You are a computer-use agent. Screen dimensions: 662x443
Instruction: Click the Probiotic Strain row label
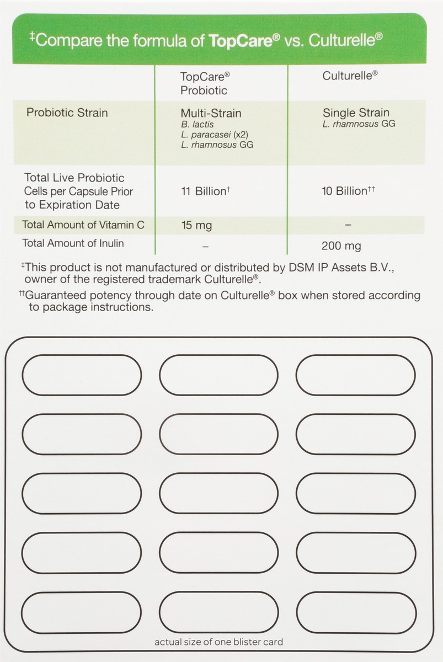[x=67, y=113]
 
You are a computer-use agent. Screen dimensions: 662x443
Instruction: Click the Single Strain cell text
[x=356, y=113]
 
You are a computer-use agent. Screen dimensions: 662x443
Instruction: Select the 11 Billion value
[x=204, y=191]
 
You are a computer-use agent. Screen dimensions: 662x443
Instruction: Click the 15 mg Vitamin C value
[x=196, y=225]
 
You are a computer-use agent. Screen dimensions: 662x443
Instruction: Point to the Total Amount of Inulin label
[x=72, y=243]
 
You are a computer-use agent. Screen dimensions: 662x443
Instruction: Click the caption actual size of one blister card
[x=218, y=642]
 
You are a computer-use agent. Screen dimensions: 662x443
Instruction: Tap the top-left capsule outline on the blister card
[x=82, y=375]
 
